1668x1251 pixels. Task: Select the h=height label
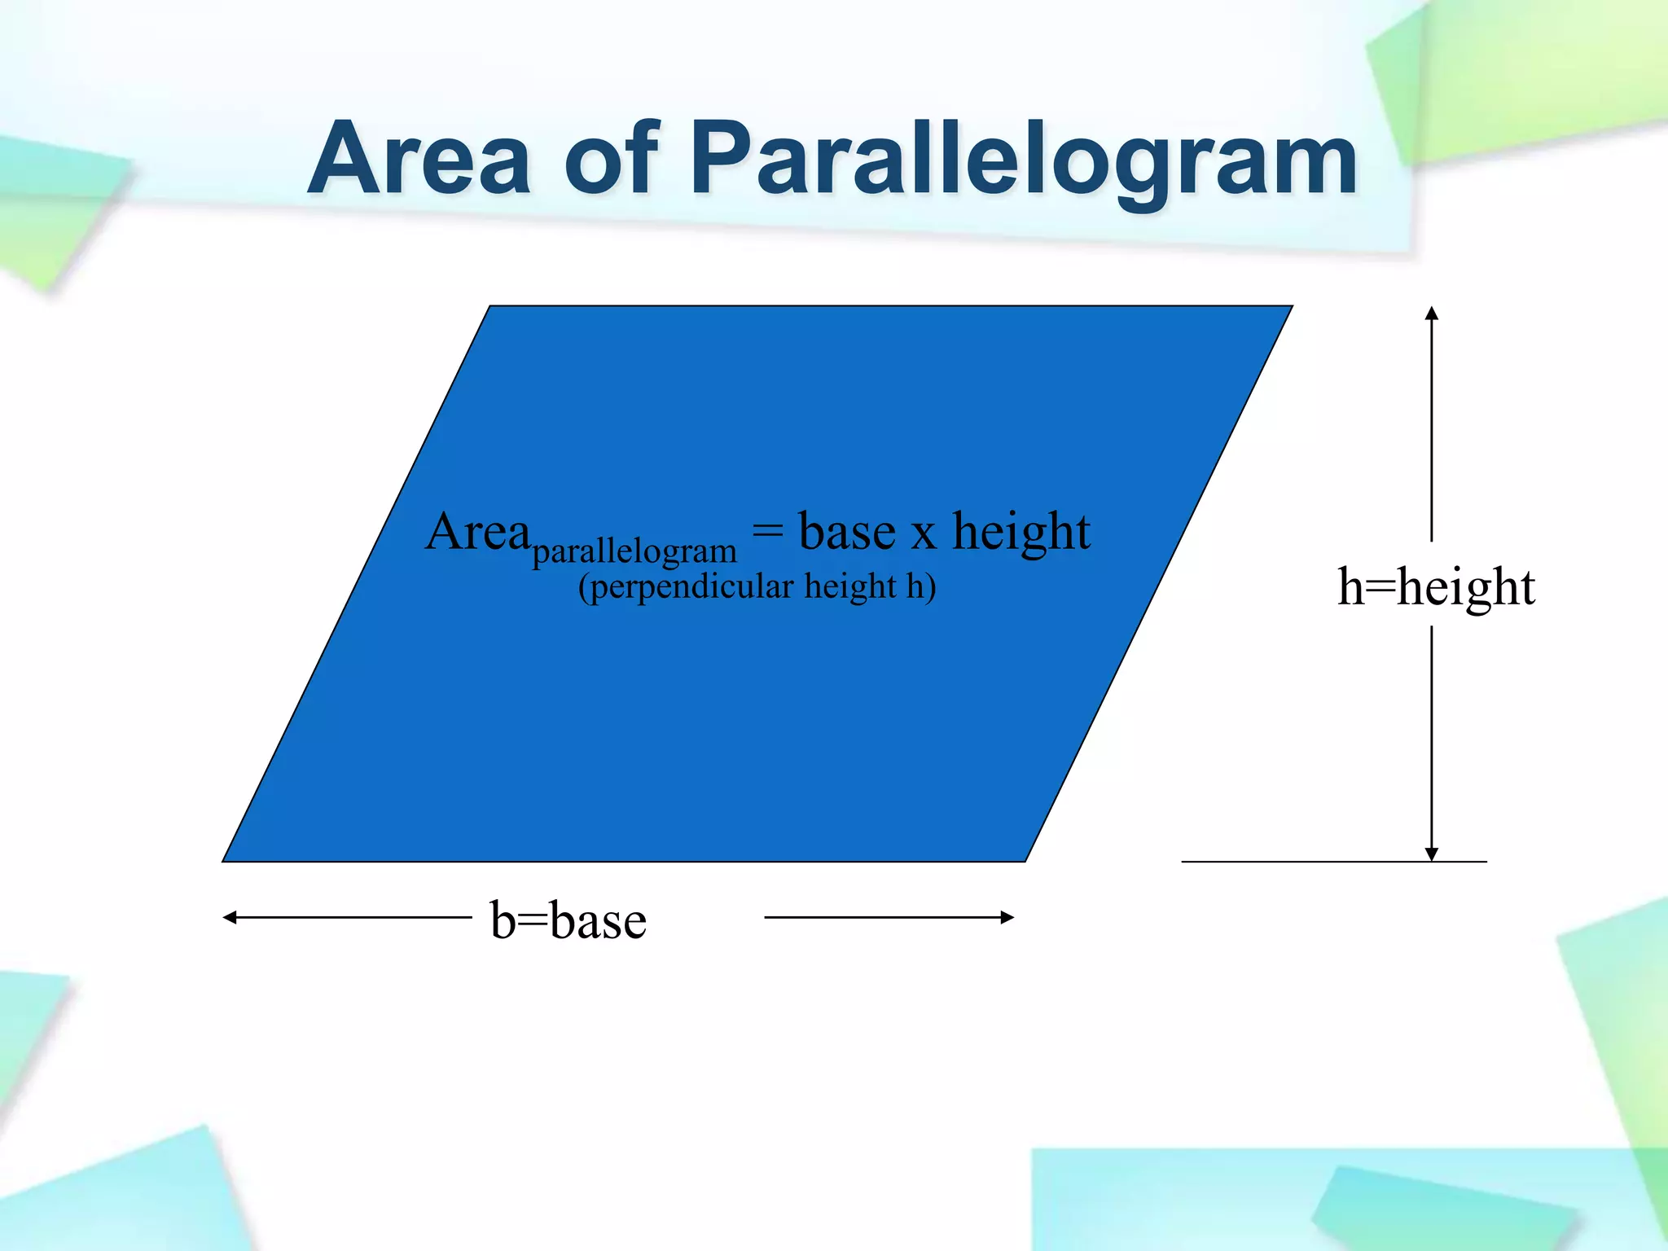click(1436, 586)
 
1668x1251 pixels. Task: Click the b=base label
click(568, 920)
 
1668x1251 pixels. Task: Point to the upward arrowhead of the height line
click(1432, 313)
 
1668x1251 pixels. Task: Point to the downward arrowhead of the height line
click(1432, 854)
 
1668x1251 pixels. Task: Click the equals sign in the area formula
click(767, 530)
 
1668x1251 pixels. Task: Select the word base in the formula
click(847, 532)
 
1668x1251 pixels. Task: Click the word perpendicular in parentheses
click(691, 587)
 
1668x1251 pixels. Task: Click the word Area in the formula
click(478, 533)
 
